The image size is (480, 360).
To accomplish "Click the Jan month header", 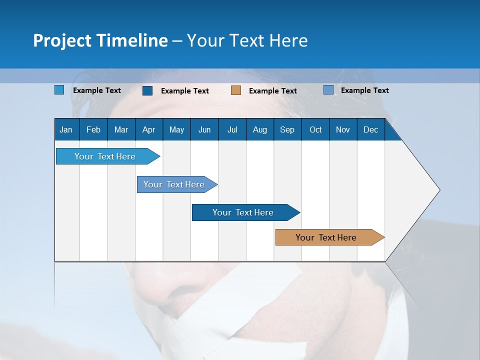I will (66, 130).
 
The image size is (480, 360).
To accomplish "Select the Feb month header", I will (93, 130).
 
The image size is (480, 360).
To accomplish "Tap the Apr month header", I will (148, 130).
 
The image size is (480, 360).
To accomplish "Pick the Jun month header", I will (204, 130).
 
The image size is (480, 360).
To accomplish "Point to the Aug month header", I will (260, 130).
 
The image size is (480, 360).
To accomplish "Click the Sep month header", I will (287, 130).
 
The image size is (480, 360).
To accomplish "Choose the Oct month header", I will (315, 130).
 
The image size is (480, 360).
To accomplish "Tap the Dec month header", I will (371, 130).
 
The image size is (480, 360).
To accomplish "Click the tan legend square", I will (236, 90).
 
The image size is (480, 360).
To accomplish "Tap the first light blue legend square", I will (59, 90).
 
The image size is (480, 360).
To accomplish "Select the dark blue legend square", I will (147, 90).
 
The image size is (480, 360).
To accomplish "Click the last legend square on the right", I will (328, 90).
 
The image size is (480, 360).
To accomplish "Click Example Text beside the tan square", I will (273, 91).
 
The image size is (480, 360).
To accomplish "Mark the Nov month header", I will (343, 130).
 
